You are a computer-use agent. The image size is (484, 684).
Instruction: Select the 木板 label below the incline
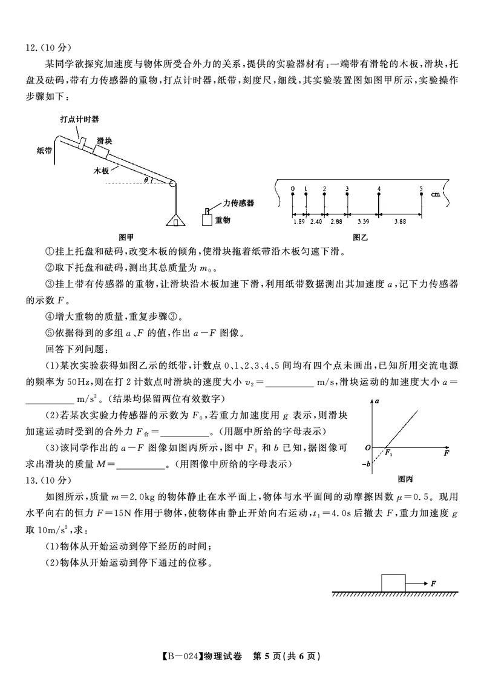[x=101, y=171]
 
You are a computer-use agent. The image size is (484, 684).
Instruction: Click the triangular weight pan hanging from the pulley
[x=175, y=219]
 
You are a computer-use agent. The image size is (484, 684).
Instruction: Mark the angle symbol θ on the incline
[x=145, y=179]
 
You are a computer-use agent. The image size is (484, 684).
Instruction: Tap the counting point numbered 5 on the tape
[x=421, y=189]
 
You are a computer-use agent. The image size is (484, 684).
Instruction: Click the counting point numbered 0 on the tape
[x=292, y=189]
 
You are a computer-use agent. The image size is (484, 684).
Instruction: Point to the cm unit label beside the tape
[x=435, y=195]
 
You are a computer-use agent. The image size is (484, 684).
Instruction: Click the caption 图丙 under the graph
[x=406, y=479]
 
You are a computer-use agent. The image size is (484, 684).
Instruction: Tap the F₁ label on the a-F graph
[x=390, y=453]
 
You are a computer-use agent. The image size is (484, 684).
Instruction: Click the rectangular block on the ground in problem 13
[x=393, y=582]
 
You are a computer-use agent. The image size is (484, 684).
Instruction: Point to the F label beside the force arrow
[x=434, y=583]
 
